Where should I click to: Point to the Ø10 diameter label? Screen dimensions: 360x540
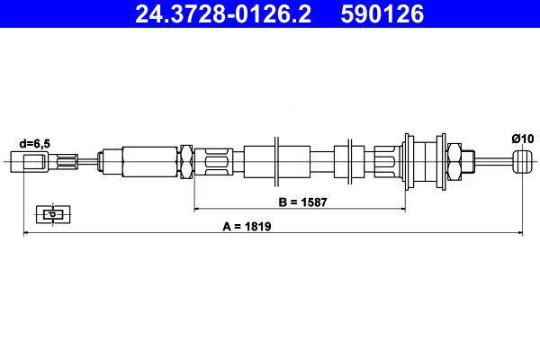(x=522, y=138)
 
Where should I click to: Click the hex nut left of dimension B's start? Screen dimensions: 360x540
(x=187, y=162)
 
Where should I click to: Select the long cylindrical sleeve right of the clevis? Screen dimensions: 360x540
(x=148, y=162)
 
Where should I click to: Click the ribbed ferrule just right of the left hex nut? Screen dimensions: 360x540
(x=218, y=162)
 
